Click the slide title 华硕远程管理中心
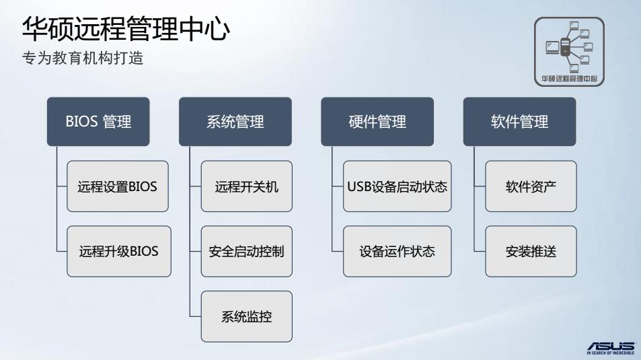pos(126,29)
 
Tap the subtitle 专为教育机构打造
pos(83,59)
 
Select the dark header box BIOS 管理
pos(98,122)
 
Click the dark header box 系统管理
pos(235,122)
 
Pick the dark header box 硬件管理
pos(377,122)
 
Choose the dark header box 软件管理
pos(519,122)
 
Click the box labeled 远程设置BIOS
pos(118,186)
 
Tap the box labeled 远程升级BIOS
pos(118,252)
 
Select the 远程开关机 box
pos(247,186)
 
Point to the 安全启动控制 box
pos(247,252)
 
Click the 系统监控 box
pos(247,316)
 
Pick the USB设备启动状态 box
pos(397,186)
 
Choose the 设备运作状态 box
pos(397,252)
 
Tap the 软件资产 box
pos(531,186)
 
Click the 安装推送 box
pos(531,252)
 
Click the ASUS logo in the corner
pos(610,344)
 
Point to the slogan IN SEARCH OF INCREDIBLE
pos(610,352)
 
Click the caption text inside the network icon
pos(569,78)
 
